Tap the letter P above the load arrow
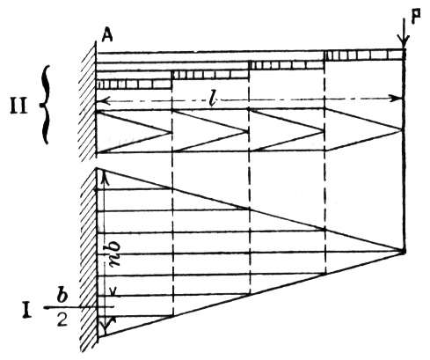(x=415, y=16)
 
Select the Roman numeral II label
(x=18, y=107)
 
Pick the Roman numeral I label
(x=27, y=312)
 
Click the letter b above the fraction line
(x=62, y=297)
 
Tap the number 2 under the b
(x=62, y=320)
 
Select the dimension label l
(x=213, y=99)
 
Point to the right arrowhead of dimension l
(x=397, y=99)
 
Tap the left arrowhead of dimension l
(x=102, y=101)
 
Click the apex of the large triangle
(x=404, y=252)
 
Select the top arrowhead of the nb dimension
(x=104, y=178)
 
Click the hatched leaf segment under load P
(x=364, y=55)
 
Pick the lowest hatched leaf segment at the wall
(x=135, y=84)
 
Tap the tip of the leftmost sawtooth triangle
(x=171, y=132)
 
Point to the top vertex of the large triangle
(x=97, y=168)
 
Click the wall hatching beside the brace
(x=88, y=101)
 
